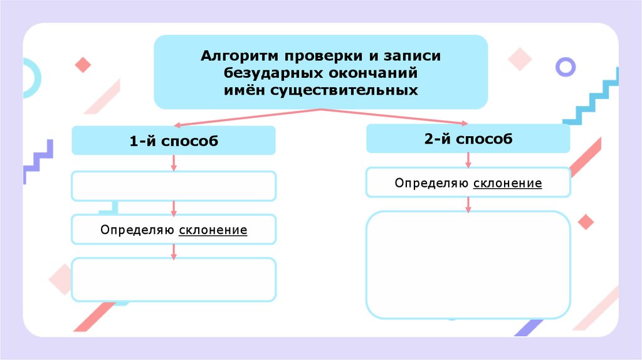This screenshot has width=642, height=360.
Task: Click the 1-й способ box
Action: tap(174, 141)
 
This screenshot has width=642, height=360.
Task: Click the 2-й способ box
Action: tap(468, 139)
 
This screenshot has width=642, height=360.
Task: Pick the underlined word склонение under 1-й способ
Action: tap(213, 230)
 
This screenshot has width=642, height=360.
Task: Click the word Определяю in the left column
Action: tap(137, 230)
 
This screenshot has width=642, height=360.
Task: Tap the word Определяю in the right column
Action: tap(432, 183)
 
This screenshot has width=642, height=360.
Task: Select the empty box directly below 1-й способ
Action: tap(174, 186)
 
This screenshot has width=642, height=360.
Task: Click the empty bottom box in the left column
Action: tap(174, 279)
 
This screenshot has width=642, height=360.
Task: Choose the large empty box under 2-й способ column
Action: tap(468, 265)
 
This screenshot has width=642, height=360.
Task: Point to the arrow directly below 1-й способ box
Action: tap(174, 162)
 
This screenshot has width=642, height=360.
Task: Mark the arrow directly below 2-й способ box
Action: tap(468, 160)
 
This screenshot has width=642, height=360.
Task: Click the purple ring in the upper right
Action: tap(566, 66)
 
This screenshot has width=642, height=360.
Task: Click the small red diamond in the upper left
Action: tap(83, 65)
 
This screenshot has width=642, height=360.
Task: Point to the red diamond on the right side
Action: tap(586, 222)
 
